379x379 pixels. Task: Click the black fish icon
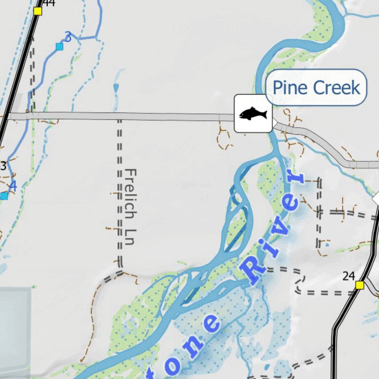click(253, 114)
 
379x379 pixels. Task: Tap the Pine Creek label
click(316, 88)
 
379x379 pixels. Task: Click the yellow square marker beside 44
click(38, 11)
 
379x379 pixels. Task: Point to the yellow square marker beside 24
click(360, 285)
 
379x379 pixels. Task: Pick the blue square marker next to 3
click(60, 47)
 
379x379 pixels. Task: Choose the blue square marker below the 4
click(4, 196)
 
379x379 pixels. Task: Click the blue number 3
click(68, 37)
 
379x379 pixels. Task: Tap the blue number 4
click(13, 187)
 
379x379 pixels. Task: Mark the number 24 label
click(349, 276)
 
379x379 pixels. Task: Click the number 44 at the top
click(49, 3)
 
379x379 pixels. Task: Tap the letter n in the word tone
click(212, 324)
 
